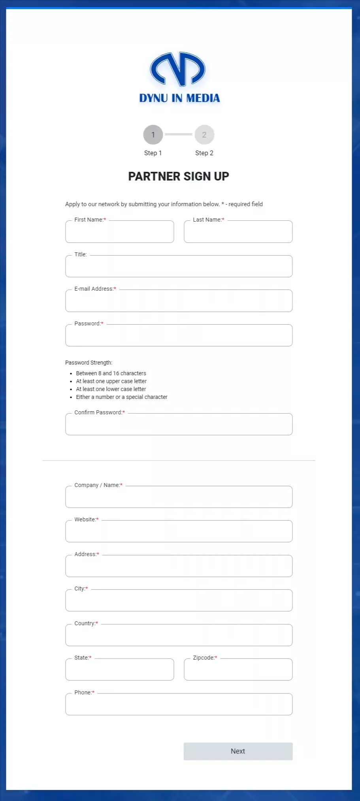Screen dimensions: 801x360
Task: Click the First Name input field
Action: click(119, 232)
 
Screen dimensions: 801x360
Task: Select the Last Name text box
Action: click(238, 232)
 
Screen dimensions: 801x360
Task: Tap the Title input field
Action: click(179, 267)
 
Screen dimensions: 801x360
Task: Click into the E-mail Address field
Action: click(179, 301)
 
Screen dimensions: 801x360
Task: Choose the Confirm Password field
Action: click(179, 425)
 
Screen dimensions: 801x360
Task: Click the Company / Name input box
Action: click(179, 497)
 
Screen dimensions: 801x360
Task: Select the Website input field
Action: click(179, 532)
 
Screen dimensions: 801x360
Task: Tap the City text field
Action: click(179, 601)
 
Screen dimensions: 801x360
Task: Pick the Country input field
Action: click(179, 636)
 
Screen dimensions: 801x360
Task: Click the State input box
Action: click(119, 670)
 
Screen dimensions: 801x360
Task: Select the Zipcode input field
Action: click(238, 670)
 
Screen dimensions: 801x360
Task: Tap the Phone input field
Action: click(179, 705)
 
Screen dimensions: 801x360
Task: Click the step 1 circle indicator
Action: click(153, 135)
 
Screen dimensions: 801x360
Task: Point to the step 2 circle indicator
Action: click(204, 135)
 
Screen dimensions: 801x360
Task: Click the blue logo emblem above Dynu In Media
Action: click(178, 70)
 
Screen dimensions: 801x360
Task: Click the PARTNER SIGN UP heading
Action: click(179, 176)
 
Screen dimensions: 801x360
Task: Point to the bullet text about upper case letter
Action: click(111, 381)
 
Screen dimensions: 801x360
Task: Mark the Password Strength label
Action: click(89, 363)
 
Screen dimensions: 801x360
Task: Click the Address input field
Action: click(179, 566)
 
